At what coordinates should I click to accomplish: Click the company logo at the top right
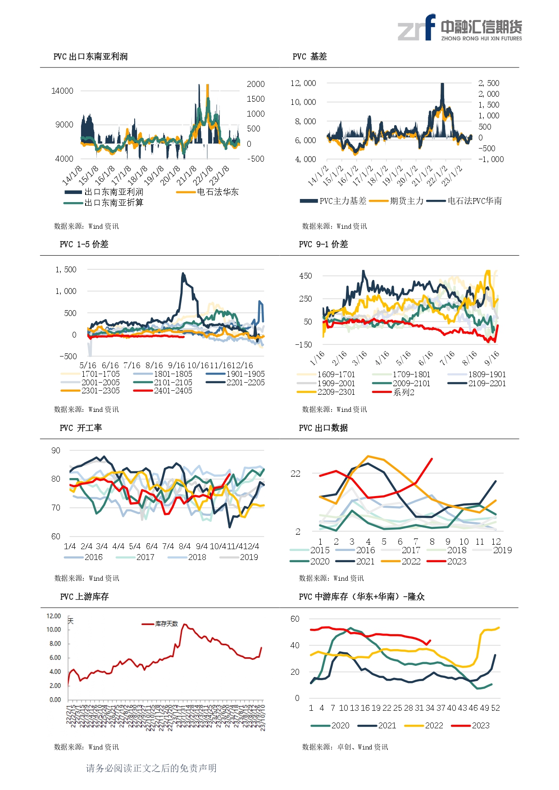pos(459,28)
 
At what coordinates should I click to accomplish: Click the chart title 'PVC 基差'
pos(309,57)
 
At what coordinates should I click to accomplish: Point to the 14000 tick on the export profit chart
pos(62,91)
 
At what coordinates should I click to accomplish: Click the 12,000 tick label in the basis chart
pos(303,83)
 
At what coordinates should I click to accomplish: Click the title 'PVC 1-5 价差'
pos(84,244)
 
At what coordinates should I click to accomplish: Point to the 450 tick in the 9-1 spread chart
pos(305,276)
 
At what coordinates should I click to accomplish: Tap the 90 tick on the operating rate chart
pos(56,451)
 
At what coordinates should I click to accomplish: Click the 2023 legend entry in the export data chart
pos(457,561)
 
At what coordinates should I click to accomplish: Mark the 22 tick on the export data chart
pos(295,474)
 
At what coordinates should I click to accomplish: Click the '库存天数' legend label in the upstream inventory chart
pos(166,624)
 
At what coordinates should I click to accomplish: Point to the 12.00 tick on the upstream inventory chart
pos(54,616)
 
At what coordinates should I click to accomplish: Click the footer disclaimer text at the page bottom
pos(151,768)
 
